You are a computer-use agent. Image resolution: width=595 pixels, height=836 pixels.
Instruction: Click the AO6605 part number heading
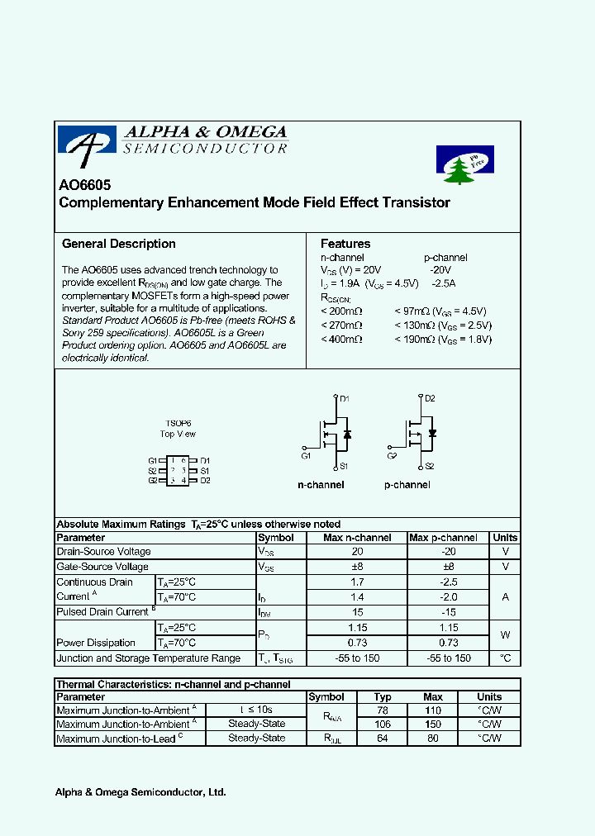pyautogui.click(x=84, y=186)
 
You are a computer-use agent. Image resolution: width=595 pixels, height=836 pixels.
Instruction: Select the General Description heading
pyautogui.click(x=119, y=244)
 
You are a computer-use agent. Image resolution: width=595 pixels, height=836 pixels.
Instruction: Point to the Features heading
pyautogui.click(x=345, y=244)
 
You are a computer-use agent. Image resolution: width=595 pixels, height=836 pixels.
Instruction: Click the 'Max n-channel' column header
pyautogui.click(x=357, y=538)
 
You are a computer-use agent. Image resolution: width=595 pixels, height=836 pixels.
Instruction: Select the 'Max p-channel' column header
pyautogui.click(x=443, y=538)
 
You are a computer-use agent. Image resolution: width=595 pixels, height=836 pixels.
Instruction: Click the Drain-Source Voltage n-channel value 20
pyautogui.click(x=357, y=552)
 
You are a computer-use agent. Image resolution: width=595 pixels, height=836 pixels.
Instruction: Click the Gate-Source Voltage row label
pyautogui.click(x=102, y=567)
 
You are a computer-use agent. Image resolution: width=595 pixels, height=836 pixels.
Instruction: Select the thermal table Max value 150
pyautogui.click(x=433, y=724)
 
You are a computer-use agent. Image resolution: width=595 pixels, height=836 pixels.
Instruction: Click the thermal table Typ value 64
pyautogui.click(x=382, y=739)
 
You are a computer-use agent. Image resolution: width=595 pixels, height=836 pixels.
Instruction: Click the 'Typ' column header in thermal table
pyautogui.click(x=382, y=697)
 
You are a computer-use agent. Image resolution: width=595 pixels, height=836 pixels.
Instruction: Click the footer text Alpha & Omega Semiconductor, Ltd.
pyautogui.click(x=140, y=792)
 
